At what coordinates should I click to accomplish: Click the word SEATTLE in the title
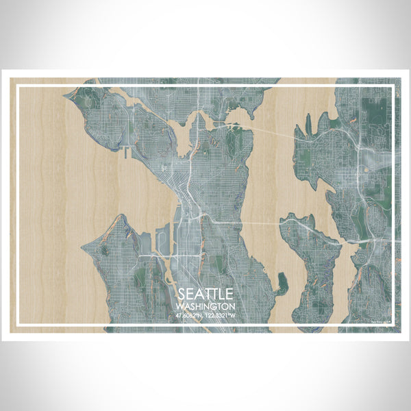pos(206,294)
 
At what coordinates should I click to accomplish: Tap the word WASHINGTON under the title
pos(206,306)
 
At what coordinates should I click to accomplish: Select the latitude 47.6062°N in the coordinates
pos(190,315)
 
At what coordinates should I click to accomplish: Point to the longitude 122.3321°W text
pos(221,315)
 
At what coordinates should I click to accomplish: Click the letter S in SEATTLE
pos(180,294)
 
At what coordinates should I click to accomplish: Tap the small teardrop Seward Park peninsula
pos(281,282)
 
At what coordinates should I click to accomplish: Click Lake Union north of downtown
pos(184,140)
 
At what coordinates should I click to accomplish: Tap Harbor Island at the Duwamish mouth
pos(164,240)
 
